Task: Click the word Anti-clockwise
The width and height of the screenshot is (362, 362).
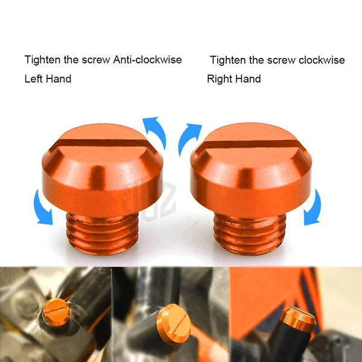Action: tap(148, 60)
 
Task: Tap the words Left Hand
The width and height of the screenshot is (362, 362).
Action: tap(48, 79)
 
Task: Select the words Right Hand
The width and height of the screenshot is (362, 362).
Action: tap(233, 79)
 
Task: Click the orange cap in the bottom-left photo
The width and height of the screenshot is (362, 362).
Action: tap(56, 313)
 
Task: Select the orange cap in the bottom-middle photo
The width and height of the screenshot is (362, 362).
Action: tap(174, 323)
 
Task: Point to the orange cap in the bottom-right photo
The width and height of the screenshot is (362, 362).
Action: tap(297, 320)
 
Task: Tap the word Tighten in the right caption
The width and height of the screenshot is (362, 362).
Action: tap(227, 60)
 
